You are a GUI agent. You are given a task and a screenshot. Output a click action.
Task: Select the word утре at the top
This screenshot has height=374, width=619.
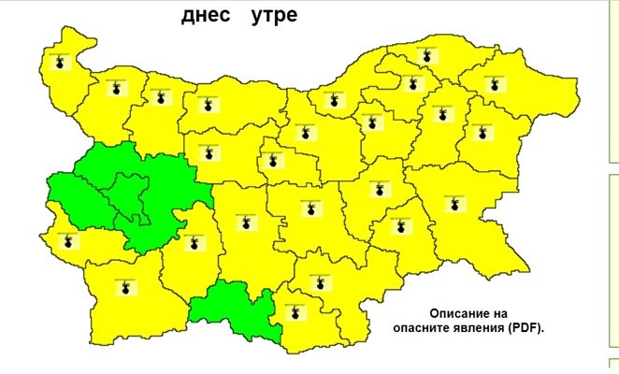click(274, 17)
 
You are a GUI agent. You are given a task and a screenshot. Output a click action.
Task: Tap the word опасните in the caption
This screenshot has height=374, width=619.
click(422, 329)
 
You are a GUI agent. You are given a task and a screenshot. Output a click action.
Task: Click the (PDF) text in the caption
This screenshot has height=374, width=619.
click(529, 329)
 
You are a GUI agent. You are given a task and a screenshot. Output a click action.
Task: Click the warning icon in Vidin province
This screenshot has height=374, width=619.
click(61, 65)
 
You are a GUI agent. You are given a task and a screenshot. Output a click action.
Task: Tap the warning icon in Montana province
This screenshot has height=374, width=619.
click(116, 88)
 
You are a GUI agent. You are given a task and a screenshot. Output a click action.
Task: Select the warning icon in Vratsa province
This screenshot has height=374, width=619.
click(159, 98)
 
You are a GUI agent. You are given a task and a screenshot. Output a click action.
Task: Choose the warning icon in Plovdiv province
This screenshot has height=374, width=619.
click(246, 224)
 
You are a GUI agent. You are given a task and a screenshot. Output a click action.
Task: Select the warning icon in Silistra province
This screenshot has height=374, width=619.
click(427, 56)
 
